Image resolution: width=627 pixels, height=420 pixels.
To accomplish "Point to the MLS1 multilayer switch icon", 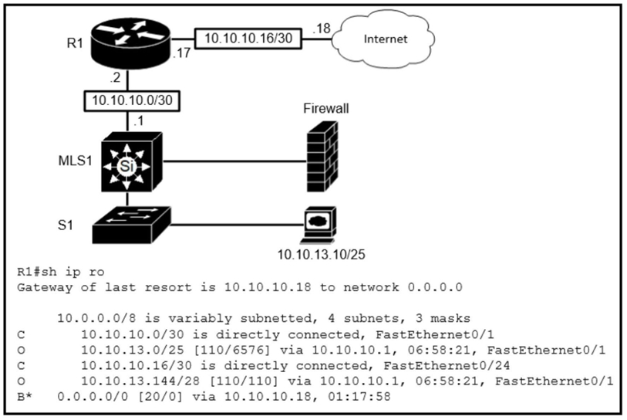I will (130, 161).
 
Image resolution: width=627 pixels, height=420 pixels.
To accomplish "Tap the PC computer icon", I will (316, 222).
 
